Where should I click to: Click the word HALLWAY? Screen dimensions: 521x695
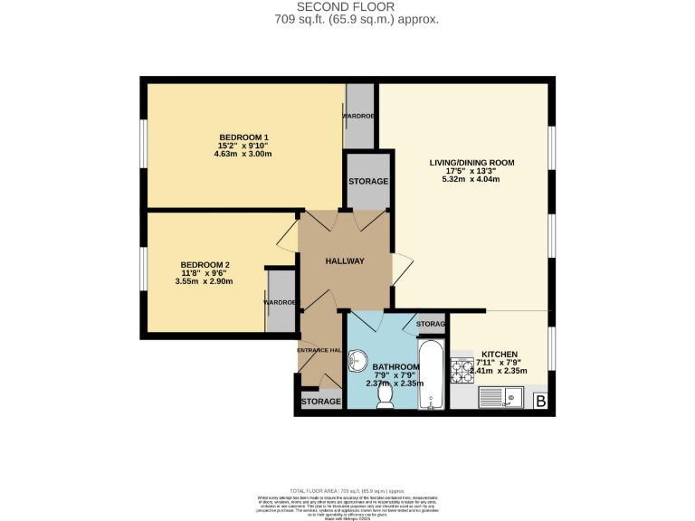click(345, 261)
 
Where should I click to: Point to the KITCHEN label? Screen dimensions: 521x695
click(499, 354)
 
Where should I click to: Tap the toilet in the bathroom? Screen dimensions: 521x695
click(386, 395)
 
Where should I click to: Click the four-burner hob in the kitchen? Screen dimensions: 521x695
click(462, 369)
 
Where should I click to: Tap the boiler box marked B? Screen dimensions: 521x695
click(541, 401)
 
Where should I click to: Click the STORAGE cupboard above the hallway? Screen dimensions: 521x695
click(368, 181)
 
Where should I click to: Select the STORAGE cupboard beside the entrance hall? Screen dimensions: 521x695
click(320, 401)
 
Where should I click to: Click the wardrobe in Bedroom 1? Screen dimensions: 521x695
click(359, 117)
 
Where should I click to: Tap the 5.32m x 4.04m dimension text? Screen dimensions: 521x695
click(471, 178)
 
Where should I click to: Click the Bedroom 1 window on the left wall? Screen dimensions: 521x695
click(143, 144)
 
